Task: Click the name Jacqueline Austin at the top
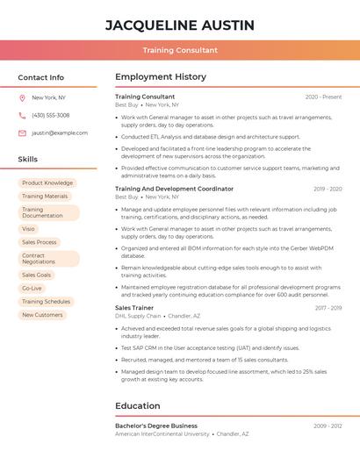(x=180, y=25)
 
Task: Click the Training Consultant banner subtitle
(x=180, y=50)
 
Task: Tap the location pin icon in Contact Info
(x=22, y=97)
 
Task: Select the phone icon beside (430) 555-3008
(x=22, y=115)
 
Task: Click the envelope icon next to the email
(x=22, y=132)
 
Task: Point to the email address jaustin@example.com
(x=60, y=132)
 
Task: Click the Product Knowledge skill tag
(x=47, y=183)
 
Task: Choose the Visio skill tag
(x=29, y=229)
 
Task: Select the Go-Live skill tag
(x=32, y=288)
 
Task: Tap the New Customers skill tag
(x=42, y=314)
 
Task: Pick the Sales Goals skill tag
(x=37, y=275)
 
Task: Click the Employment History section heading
(x=161, y=77)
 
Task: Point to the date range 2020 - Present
(x=323, y=97)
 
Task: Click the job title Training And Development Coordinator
(x=174, y=189)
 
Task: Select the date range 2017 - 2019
(x=328, y=308)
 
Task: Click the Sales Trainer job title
(x=134, y=308)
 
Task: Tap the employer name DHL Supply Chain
(x=138, y=316)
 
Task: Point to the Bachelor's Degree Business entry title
(x=156, y=426)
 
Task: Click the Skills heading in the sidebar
(x=28, y=160)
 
